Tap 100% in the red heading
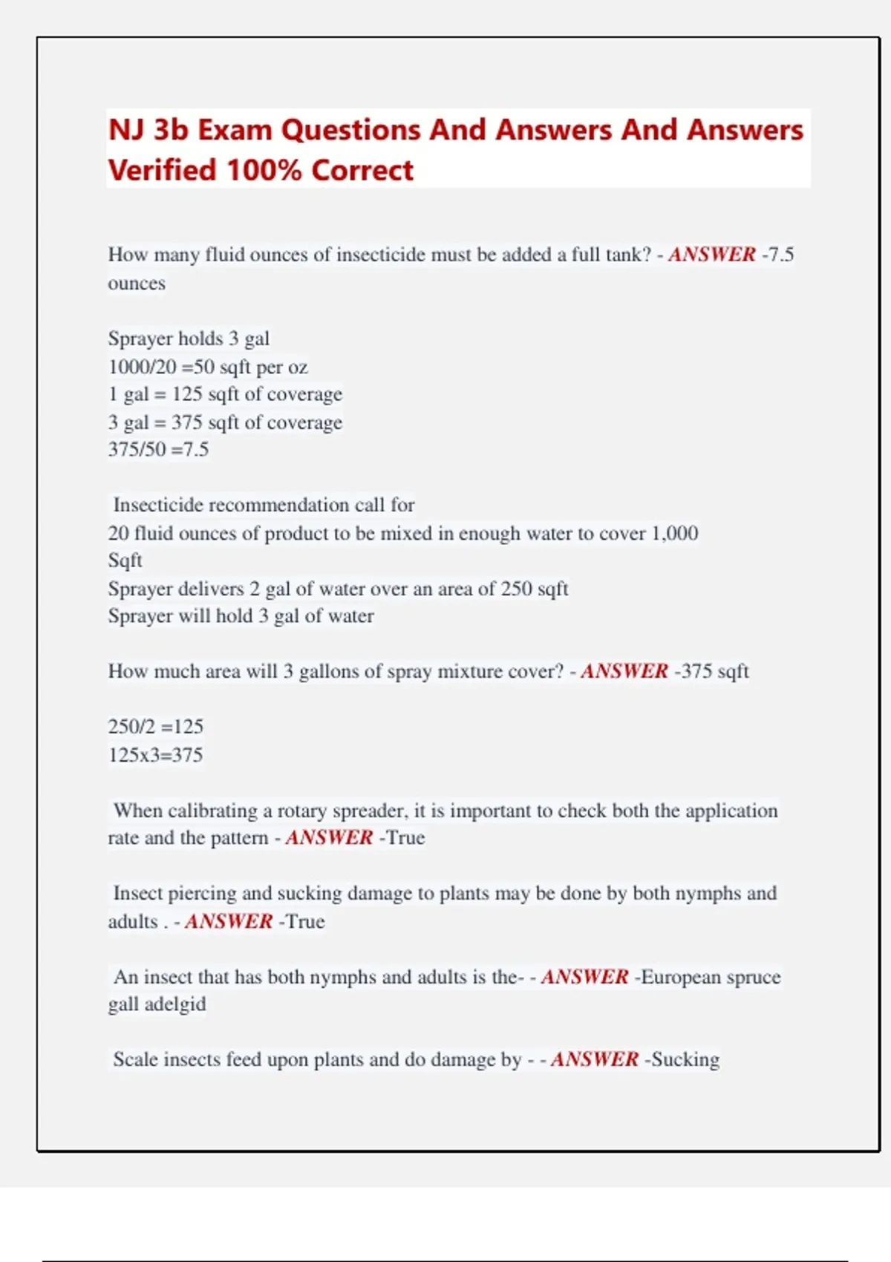[x=264, y=170]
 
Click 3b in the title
[x=171, y=130]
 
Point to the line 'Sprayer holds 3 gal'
[x=189, y=339]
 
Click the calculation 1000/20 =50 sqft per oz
[x=208, y=367]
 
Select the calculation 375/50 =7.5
[x=158, y=450]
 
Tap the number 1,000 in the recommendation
[x=675, y=533]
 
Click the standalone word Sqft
[x=125, y=560]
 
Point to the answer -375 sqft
[x=711, y=671]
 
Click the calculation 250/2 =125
[x=155, y=726]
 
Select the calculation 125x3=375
[x=155, y=755]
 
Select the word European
[x=680, y=977]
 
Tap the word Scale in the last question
[x=135, y=1059]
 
